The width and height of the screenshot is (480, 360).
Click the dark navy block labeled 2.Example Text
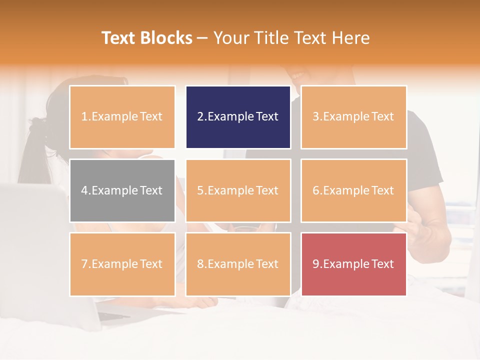point(238,117)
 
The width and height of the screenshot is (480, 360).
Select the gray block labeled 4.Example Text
point(122,190)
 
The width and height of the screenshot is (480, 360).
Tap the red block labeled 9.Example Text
point(353,264)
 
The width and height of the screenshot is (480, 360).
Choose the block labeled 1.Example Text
point(122,117)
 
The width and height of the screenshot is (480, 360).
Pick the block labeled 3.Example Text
point(353,117)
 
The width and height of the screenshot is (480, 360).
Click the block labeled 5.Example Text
point(238,190)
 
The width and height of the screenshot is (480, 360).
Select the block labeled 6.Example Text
point(353,190)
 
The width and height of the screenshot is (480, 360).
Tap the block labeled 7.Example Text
point(122,264)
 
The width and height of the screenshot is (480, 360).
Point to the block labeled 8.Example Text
point(238,264)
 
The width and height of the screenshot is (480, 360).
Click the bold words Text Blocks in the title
point(147,38)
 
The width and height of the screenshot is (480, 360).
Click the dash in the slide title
point(202,38)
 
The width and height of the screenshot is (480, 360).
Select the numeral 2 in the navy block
point(200,117)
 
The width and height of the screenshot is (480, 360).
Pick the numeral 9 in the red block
point(316,264)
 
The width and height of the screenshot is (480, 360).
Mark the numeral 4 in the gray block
point(84,190)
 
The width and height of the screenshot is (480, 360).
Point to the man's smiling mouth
point(299,76)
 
